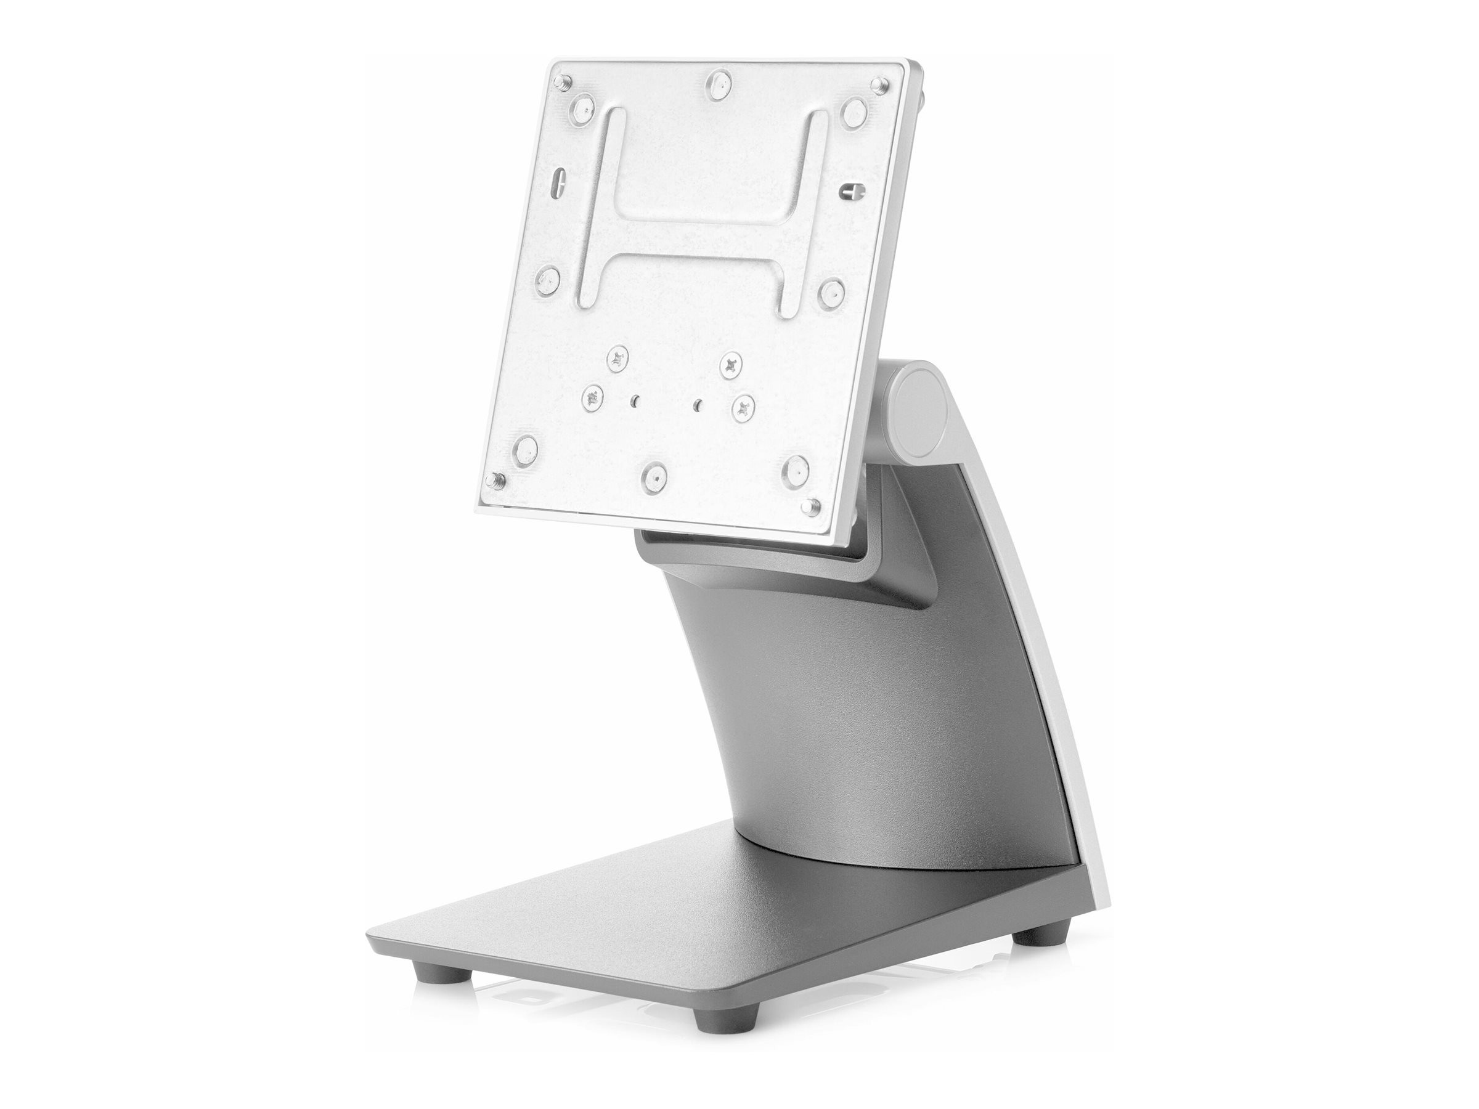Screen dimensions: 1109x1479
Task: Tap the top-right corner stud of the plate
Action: pos(878,84)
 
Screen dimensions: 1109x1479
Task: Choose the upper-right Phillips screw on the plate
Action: pos(731,364)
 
